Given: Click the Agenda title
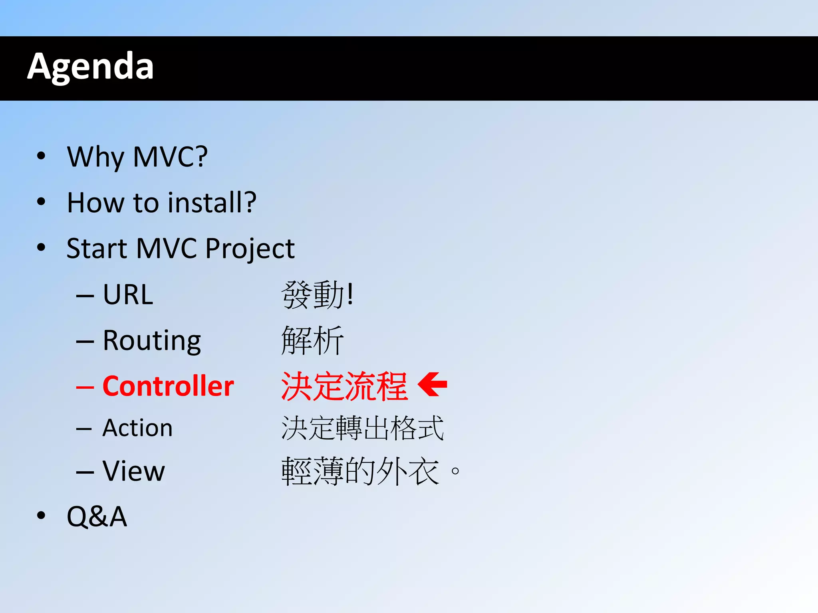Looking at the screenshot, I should coord(91,66).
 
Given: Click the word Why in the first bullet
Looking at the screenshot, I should coord(96,157).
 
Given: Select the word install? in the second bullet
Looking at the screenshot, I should coord(212,202).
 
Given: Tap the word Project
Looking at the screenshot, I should coord(250,249).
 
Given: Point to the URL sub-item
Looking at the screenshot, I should coord(128,295).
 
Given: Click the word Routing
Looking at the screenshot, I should coord(152,341).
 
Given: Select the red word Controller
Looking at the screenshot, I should coord(168,386).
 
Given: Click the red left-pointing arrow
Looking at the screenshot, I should coord(432,384).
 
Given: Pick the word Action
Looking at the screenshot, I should coord(137,428).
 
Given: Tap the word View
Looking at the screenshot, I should coord(133,471).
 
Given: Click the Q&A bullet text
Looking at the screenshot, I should coord(97,516).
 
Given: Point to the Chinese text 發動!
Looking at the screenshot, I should coord(317,295).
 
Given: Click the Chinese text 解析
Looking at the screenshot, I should coord(312,341).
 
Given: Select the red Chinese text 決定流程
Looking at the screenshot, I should coord(344,386).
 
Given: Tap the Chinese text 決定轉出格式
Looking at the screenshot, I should coord(363,428).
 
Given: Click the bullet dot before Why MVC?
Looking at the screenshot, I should coord(41,156).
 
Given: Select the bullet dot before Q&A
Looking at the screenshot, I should coord(41,515).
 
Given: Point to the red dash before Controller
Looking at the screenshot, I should coord(85,387).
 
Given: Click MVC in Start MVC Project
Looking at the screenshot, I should coord(167,249).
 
